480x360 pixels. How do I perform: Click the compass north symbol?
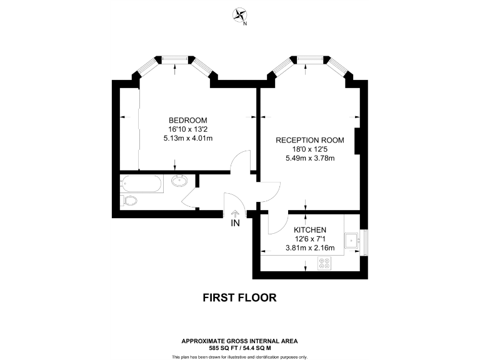coord(240,16)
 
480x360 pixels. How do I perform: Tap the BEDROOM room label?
coord(187,120)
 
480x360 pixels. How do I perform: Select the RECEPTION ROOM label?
coord(310,140)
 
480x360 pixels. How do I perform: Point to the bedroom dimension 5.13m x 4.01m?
coord(187,138)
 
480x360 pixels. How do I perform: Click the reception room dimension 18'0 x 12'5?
coord(310,149)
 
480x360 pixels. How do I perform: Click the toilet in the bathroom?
coord(129,201)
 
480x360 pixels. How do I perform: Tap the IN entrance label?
coord(235,223)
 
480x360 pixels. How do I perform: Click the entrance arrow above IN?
coord(235,213)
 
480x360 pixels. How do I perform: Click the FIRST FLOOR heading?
coord(239,297)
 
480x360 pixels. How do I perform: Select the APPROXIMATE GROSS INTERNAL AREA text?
coord(239,341)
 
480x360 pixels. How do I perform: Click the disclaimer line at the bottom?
coord(239,356)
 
